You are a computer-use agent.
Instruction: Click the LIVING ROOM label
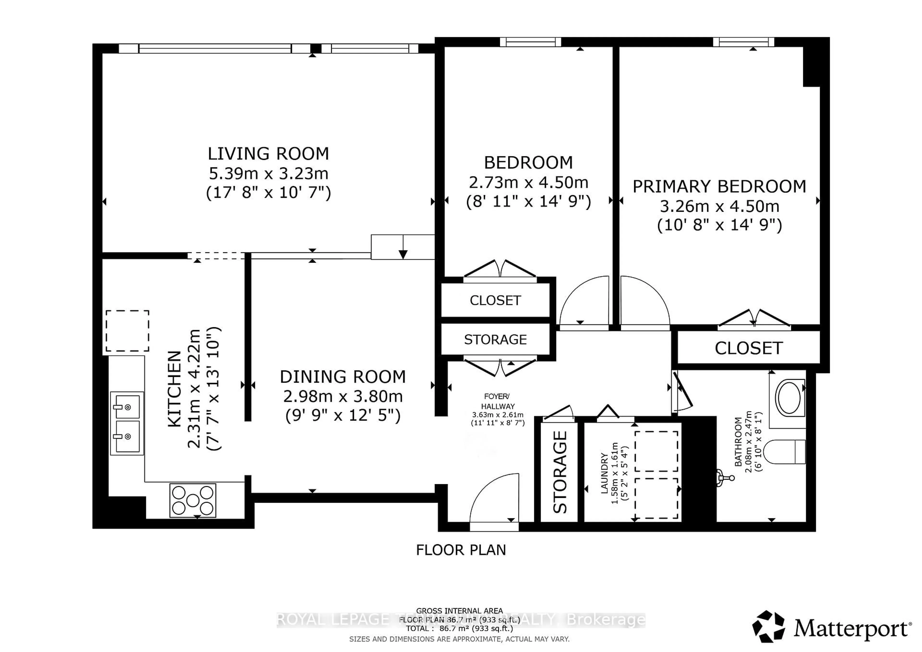(268, 154)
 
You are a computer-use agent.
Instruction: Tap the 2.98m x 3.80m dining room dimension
(343, 397)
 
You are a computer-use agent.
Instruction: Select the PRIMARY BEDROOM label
(719, 187)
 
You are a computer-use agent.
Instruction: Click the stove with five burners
(193, 500)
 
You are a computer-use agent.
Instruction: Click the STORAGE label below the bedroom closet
(495, 340)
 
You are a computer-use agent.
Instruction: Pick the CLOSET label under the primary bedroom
(748, 348)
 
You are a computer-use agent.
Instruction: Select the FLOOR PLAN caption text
(461, 550)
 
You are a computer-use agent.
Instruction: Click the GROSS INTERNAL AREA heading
(459, 611)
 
